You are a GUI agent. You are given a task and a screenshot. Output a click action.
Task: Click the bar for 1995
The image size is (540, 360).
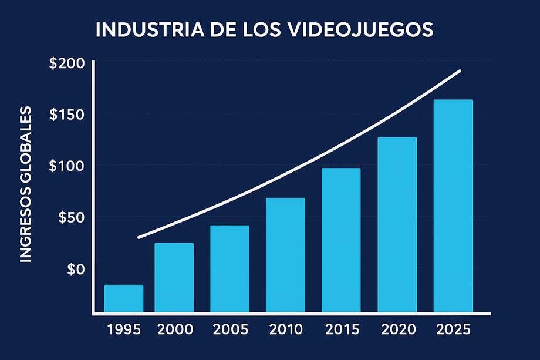point(124,298)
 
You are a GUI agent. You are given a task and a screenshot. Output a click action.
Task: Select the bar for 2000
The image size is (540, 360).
point(174,277)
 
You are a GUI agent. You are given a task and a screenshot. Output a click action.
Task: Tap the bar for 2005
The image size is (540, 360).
point(230,268)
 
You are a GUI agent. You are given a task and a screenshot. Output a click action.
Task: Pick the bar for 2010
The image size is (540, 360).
point(285,255)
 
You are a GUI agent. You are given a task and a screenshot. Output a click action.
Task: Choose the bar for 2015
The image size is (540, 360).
point(341,240)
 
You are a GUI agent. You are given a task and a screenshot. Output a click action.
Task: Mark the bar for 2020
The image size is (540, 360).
point(397,224)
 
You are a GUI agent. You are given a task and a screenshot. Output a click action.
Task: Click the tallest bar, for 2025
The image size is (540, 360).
point(453,206)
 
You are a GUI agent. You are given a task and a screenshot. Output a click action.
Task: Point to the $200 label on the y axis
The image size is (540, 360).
point(67,63)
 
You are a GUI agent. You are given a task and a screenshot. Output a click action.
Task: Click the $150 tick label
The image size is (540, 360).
point(67,114)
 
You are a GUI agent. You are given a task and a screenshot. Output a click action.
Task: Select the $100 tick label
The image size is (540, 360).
point(67,166)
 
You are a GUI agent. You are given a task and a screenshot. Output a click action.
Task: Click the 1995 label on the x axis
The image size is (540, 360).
point(124,329)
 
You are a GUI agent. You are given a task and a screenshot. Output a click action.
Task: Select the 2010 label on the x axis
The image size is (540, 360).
point(285,329)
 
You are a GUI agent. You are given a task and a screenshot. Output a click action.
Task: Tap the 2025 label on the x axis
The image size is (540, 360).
point(453,329)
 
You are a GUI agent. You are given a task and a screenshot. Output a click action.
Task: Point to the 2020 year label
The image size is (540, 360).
point(398,329)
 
